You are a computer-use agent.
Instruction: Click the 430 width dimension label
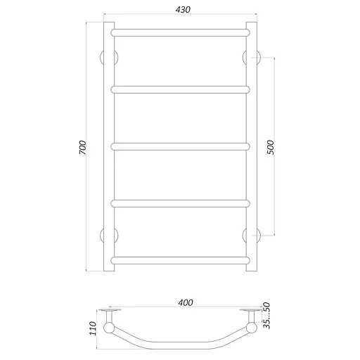click(180, 9)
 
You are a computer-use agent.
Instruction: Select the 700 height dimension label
click(82, 148)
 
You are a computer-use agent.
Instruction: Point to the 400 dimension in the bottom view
click(185, 303)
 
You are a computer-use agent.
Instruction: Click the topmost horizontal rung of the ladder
click(180, 32)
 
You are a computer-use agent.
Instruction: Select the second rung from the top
click(180, 89)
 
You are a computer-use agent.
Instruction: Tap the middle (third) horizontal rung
click(180, 147)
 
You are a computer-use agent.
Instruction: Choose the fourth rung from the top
click(180, 204)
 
